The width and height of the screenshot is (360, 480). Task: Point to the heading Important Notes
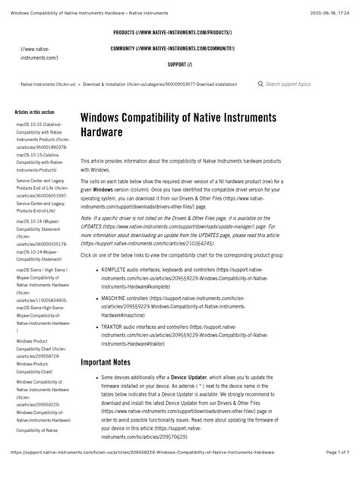click(113, 362)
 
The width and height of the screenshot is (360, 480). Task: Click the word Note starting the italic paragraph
click(88, 216)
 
